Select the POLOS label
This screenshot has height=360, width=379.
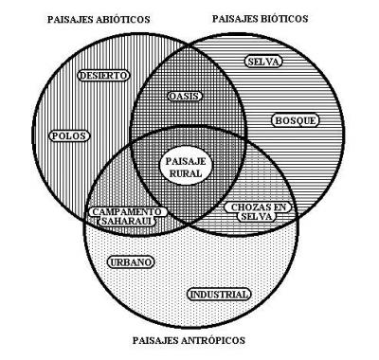(x=67, y=135)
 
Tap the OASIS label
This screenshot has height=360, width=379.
(x=185, y=97)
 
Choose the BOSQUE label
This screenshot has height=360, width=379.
(x=295, y=120)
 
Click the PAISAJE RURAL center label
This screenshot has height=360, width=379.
(x=185, y=168)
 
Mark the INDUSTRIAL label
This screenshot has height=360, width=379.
(x=219, y=295)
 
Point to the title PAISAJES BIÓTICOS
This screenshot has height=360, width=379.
(x=262, y=18)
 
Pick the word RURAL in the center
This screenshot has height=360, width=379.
(x=185, y=174)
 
